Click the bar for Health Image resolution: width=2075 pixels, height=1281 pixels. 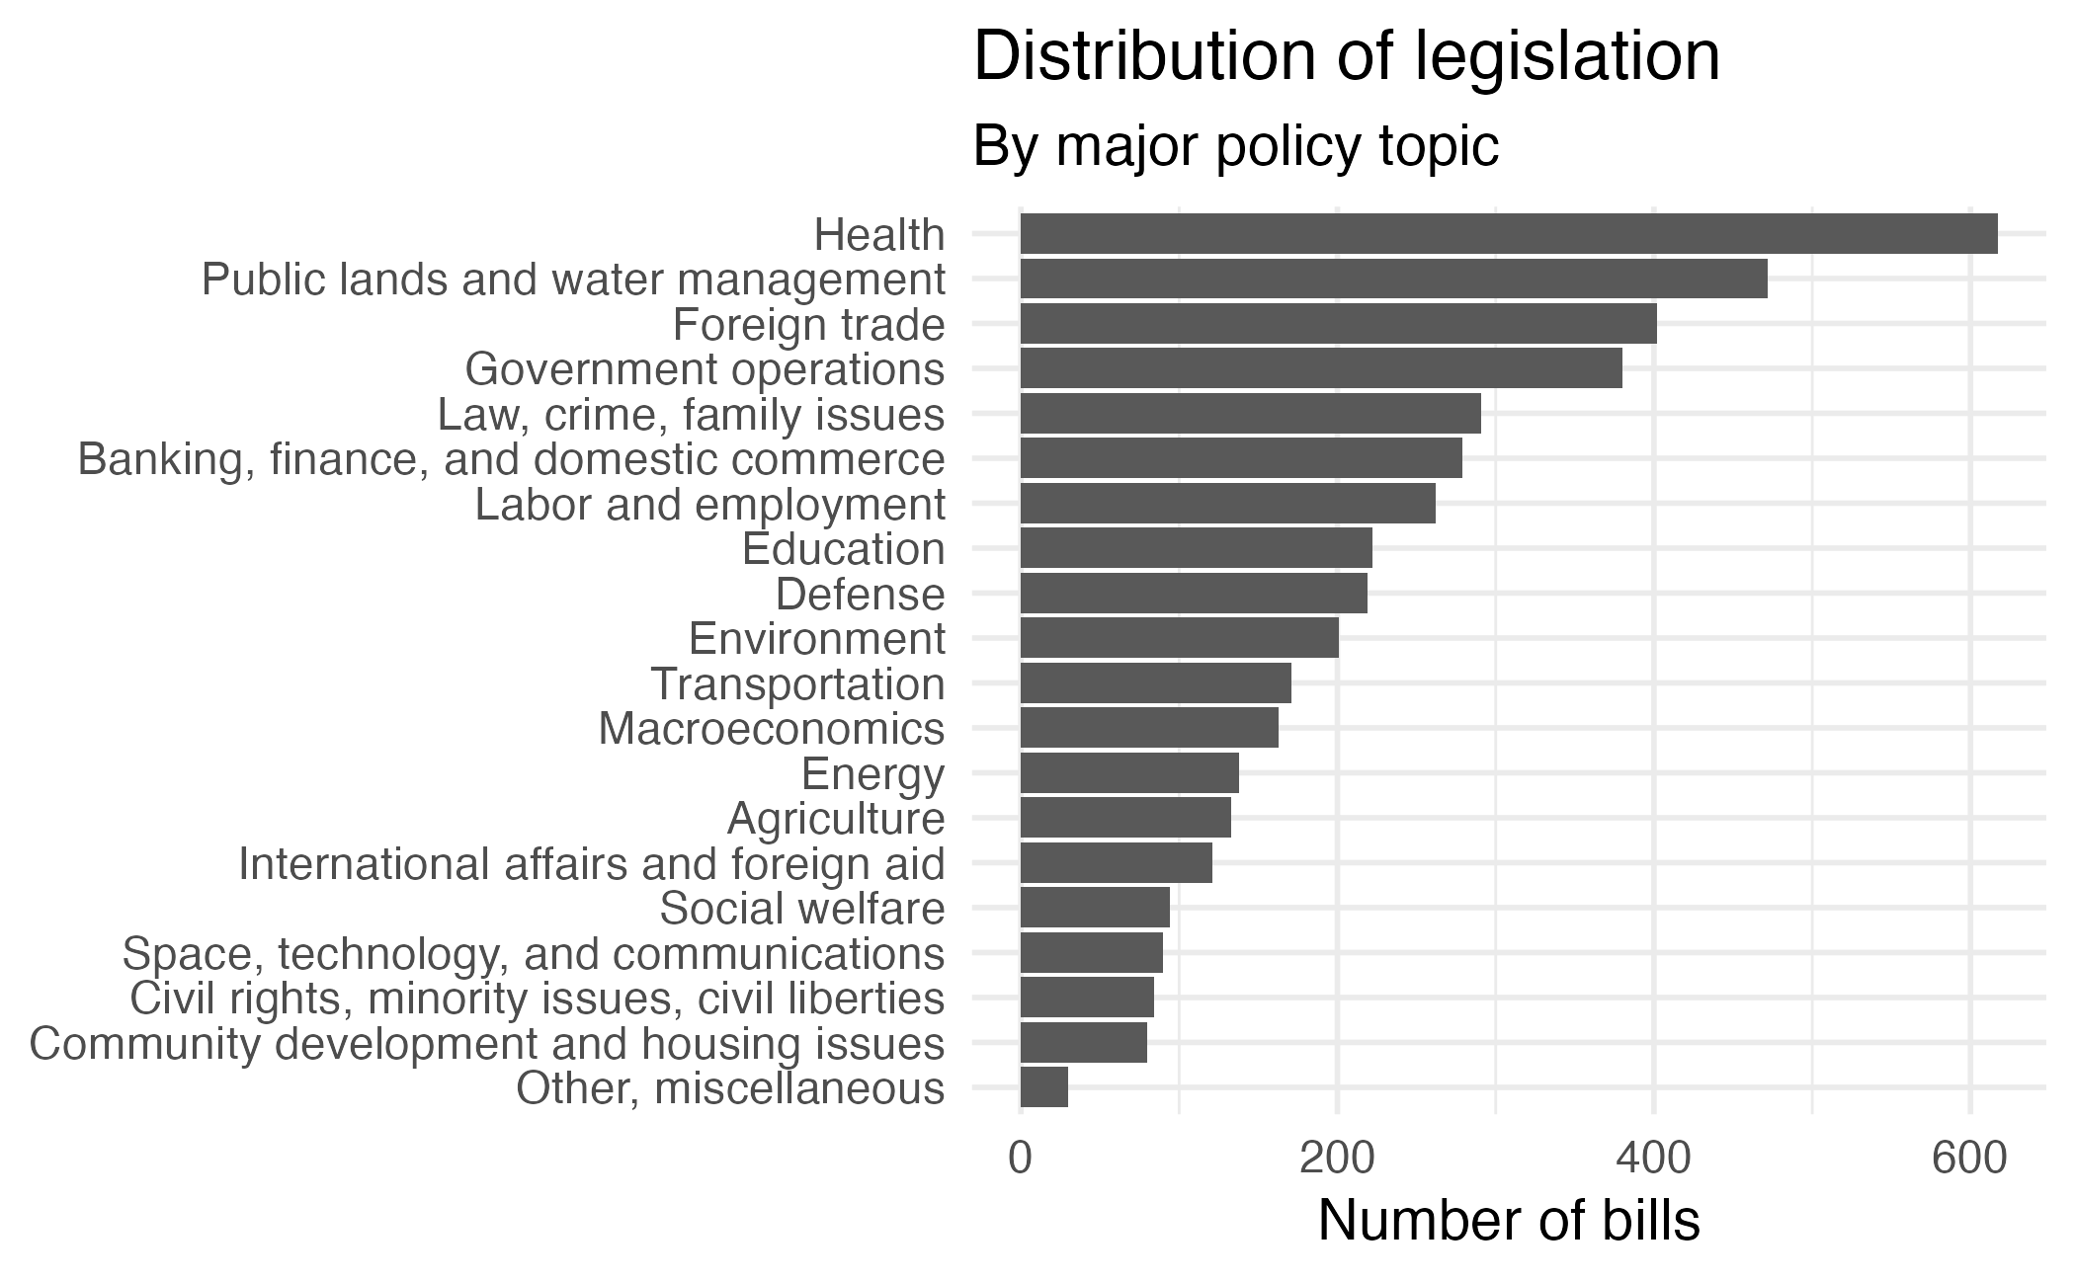[1508, 234]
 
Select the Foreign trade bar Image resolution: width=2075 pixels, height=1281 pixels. [1338, 324]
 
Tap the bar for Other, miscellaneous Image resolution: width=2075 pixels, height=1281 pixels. [1043, 1087]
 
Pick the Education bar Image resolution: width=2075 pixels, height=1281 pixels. [1196, 548]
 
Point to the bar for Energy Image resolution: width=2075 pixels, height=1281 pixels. [1128, 772]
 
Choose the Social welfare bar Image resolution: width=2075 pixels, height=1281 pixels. [1094, 908]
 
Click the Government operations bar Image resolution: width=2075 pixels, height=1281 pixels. [1320, 368]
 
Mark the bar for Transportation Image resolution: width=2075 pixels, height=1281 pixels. [1155, 683]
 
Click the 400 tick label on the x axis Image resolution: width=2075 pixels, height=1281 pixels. [1653, 1159]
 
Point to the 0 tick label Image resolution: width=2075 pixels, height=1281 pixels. [1020, 1159]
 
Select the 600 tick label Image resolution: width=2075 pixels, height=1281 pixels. [1969, 1159]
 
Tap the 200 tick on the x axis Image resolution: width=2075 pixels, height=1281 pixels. [1337, 1159]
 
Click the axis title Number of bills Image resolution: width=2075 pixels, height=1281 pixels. [1509, 1221]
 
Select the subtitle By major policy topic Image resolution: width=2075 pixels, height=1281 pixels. [1236, 147]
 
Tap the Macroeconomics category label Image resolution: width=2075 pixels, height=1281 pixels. [771, 729]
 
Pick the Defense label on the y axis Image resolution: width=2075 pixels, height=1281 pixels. [860, 595]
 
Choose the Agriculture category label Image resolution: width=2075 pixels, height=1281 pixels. [836, 819]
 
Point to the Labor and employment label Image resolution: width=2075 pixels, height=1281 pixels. [709, 505]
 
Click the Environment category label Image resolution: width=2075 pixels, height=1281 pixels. [816, 639]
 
